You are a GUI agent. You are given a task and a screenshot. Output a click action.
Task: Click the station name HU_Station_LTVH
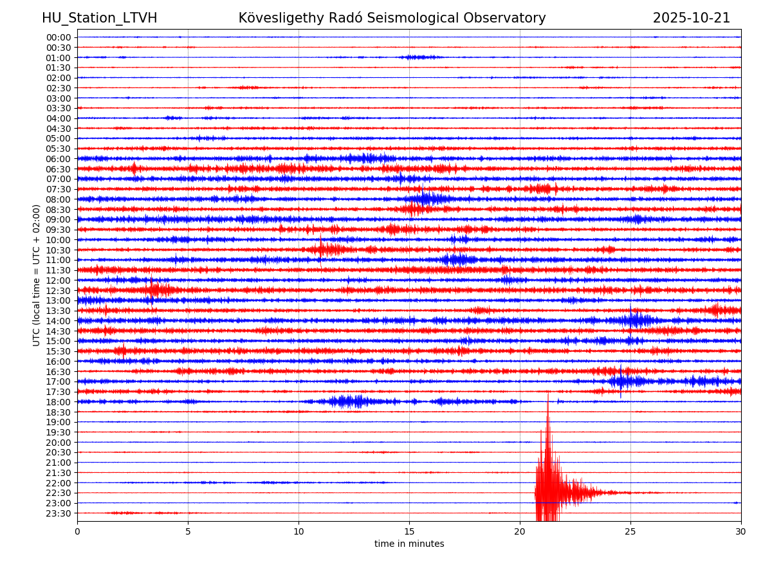tap(99, 18)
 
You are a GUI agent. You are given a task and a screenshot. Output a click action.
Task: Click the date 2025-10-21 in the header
tap(691, 18)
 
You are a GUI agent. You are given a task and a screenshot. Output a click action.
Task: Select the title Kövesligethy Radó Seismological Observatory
tap(392, 18)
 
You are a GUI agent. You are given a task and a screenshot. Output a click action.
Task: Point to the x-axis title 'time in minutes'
tap(409, 544)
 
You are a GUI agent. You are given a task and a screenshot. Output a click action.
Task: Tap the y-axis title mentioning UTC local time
tap(37, 275)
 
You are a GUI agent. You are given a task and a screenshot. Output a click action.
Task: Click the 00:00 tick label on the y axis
tap(58, 37)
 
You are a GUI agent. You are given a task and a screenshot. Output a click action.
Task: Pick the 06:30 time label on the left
tap(58, 169)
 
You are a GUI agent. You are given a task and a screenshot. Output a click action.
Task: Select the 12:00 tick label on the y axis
tap(58, 280)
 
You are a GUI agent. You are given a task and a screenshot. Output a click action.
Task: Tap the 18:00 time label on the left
tap(58, 402)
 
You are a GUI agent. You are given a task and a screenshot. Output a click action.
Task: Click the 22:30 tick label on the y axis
tap(58, 493)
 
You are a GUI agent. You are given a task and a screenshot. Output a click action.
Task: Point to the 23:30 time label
tap(58, 513)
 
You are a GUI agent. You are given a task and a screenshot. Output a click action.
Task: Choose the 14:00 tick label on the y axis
tap(58, 321)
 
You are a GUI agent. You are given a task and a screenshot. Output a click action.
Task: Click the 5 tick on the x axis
tap(188, 531)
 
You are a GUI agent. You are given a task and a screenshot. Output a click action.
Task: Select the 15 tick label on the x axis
tap(409, 531)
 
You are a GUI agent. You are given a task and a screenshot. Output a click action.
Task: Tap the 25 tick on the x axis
tap(630, 531)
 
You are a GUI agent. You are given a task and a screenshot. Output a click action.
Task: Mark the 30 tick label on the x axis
tap(741, 531)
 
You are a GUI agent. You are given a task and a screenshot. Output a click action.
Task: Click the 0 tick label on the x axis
tap(77, 531)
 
